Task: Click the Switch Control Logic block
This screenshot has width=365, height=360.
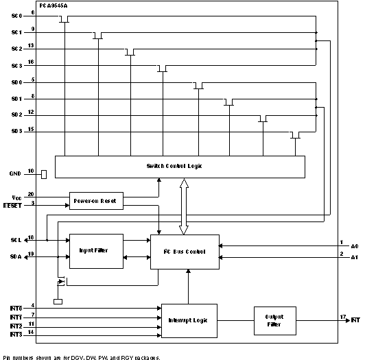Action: [x=180, y=166]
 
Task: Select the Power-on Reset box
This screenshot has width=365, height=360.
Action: [x=96, y=201]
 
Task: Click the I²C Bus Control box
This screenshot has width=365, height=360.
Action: [x=185, y=251]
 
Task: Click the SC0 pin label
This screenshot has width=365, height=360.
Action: [x=17, y=15]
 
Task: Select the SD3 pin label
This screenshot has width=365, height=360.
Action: [x=17, y=131]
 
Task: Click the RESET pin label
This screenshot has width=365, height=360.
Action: [x=13, y=205]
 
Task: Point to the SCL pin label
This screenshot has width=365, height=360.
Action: [x=16, y=240]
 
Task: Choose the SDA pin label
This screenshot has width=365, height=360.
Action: [x=16, y=258]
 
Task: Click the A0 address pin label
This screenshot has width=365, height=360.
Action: [x=355, y=245]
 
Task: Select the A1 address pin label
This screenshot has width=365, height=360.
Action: [x=355, y=258]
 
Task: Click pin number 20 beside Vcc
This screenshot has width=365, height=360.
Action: [x=31, y=194]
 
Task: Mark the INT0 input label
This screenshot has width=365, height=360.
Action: [x=16, y=308]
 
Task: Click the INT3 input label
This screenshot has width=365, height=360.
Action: [x=16, y=334]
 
